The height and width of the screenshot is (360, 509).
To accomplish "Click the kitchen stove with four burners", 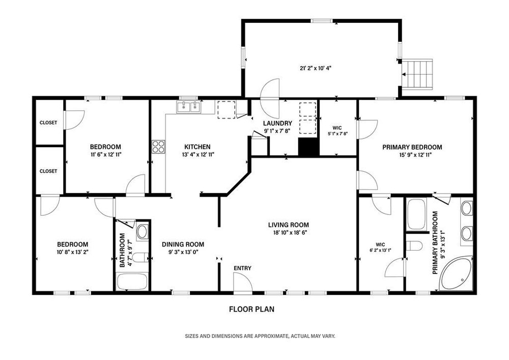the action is click(158, 147).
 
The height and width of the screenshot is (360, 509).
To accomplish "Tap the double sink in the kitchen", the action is click(189, 107).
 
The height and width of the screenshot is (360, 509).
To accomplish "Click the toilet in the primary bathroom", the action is click(414, 246).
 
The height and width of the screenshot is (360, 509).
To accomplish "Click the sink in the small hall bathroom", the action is click(142, 232).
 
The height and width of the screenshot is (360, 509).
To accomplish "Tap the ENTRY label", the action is click(242, 268).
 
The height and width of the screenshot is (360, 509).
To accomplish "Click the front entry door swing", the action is click(243, 283).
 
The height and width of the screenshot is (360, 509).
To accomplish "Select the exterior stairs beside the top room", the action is click(418, 74).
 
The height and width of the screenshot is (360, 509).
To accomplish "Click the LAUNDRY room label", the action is click(277, 123).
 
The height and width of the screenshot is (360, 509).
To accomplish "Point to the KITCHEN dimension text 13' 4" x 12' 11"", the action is click(198, 155).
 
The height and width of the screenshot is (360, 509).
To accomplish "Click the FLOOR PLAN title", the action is click(251, 309).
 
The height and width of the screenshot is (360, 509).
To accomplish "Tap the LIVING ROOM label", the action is click(289, 225).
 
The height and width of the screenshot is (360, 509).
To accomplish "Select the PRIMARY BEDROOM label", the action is click(412, 147).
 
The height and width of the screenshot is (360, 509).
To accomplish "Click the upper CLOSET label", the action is click(48, 123).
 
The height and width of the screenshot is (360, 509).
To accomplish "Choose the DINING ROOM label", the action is click(183, 244).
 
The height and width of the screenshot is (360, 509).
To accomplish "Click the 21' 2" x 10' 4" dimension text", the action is click(316, 68).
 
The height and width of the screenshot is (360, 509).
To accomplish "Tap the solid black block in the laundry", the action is click(309, 147).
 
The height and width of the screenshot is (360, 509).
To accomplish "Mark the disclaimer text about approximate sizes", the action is click(260, 336).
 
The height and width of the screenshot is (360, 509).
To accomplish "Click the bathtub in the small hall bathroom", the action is click(132, 282).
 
